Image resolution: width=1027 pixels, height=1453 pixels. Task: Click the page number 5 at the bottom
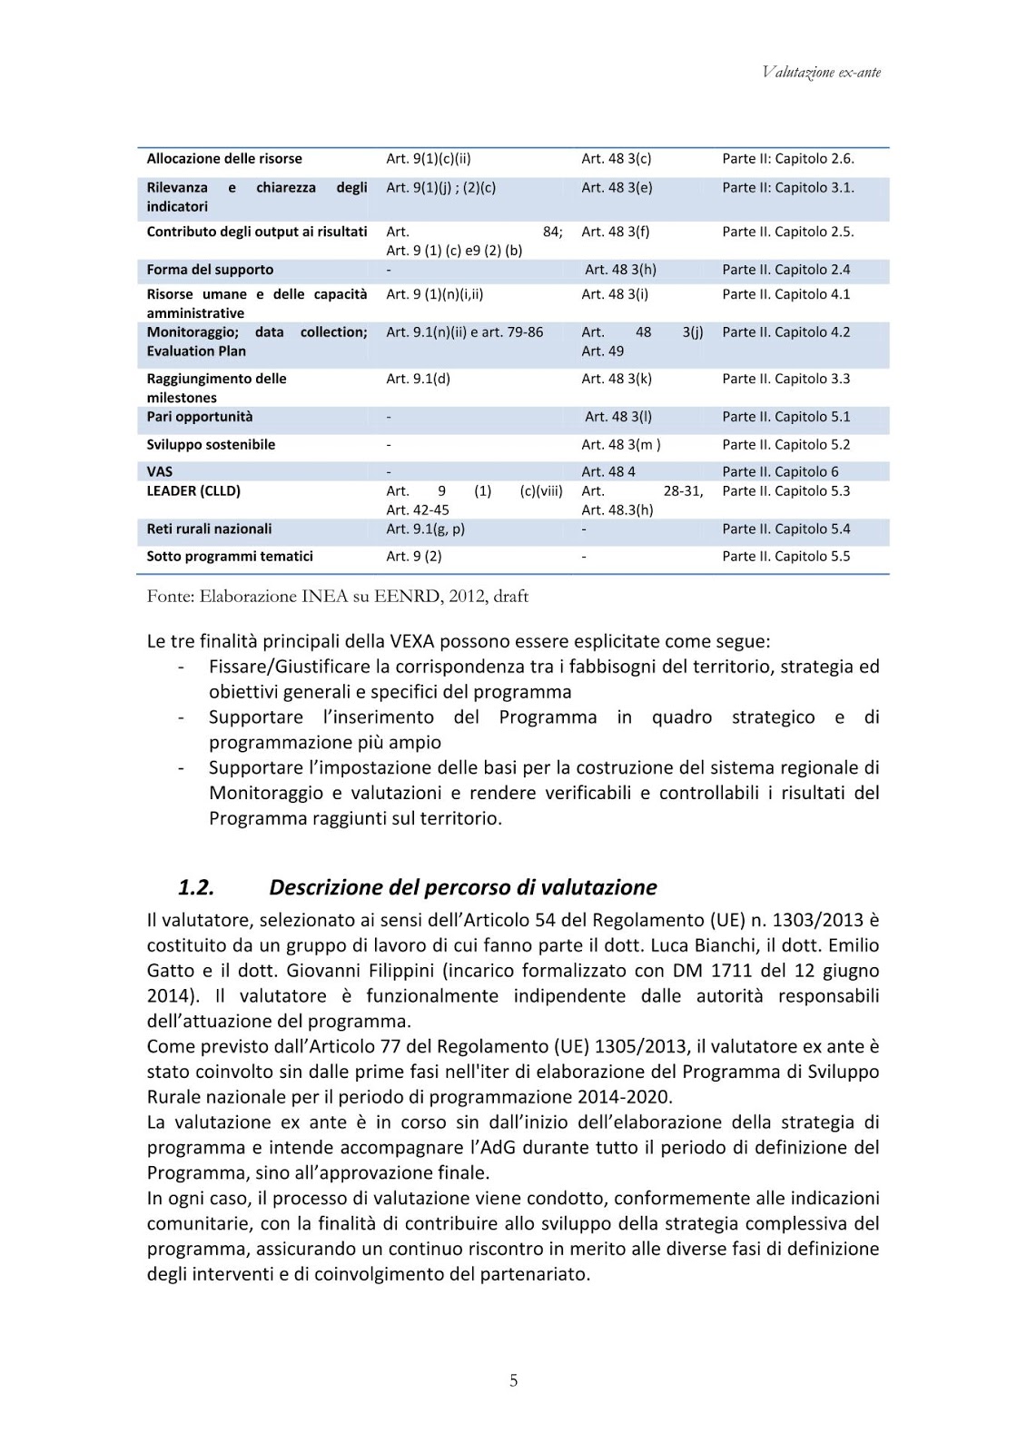(513, 1380)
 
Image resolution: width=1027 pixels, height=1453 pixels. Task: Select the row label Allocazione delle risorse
(224, 159)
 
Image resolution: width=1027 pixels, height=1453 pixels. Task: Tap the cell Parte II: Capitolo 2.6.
(787, 159)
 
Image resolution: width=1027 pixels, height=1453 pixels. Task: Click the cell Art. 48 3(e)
(617, 188)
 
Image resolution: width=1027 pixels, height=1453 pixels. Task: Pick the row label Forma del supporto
(210, 270)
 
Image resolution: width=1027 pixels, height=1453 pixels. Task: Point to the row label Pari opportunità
(200, 417)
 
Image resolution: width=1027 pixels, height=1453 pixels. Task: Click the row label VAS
(160, 471)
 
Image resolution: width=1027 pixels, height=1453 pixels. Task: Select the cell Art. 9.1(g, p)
(425, 529)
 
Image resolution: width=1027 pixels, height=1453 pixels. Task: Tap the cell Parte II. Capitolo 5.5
(785, 557)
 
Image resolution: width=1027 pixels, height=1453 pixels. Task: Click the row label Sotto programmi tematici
(230, 557)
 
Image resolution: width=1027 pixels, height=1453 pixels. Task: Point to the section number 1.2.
(195, 887)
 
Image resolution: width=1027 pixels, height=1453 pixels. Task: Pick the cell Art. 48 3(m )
(620, 445)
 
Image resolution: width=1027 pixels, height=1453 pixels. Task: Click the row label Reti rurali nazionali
(209, 529)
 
